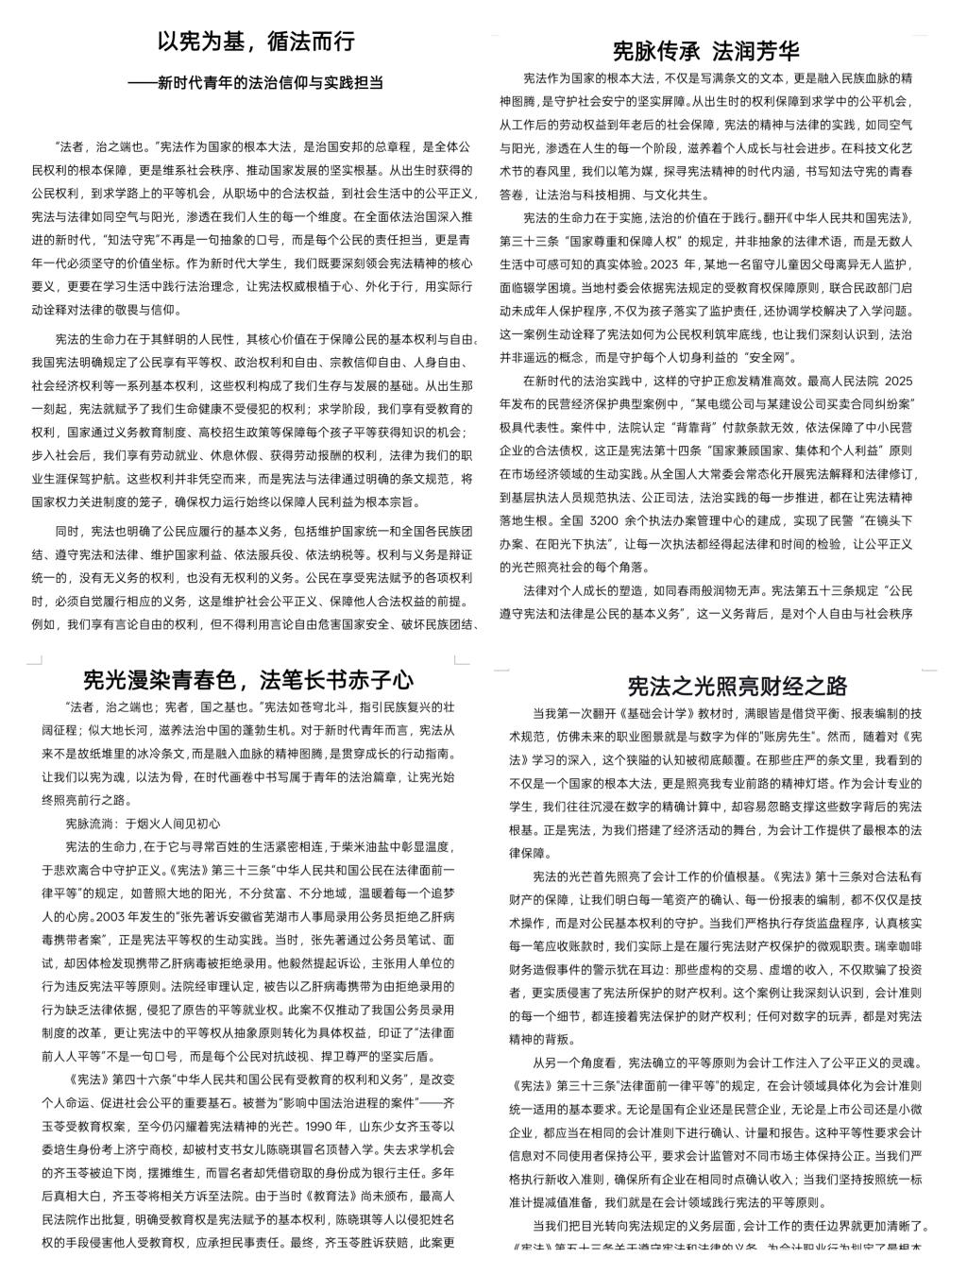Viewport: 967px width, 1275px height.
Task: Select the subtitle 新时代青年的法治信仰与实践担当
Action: pos(268,83)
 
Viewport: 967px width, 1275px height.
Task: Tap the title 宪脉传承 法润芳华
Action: pos(705,49)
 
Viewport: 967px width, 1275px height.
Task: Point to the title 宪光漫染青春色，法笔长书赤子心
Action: pos(247,678)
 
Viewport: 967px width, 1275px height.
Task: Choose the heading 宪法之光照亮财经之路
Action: pos(738,686)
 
